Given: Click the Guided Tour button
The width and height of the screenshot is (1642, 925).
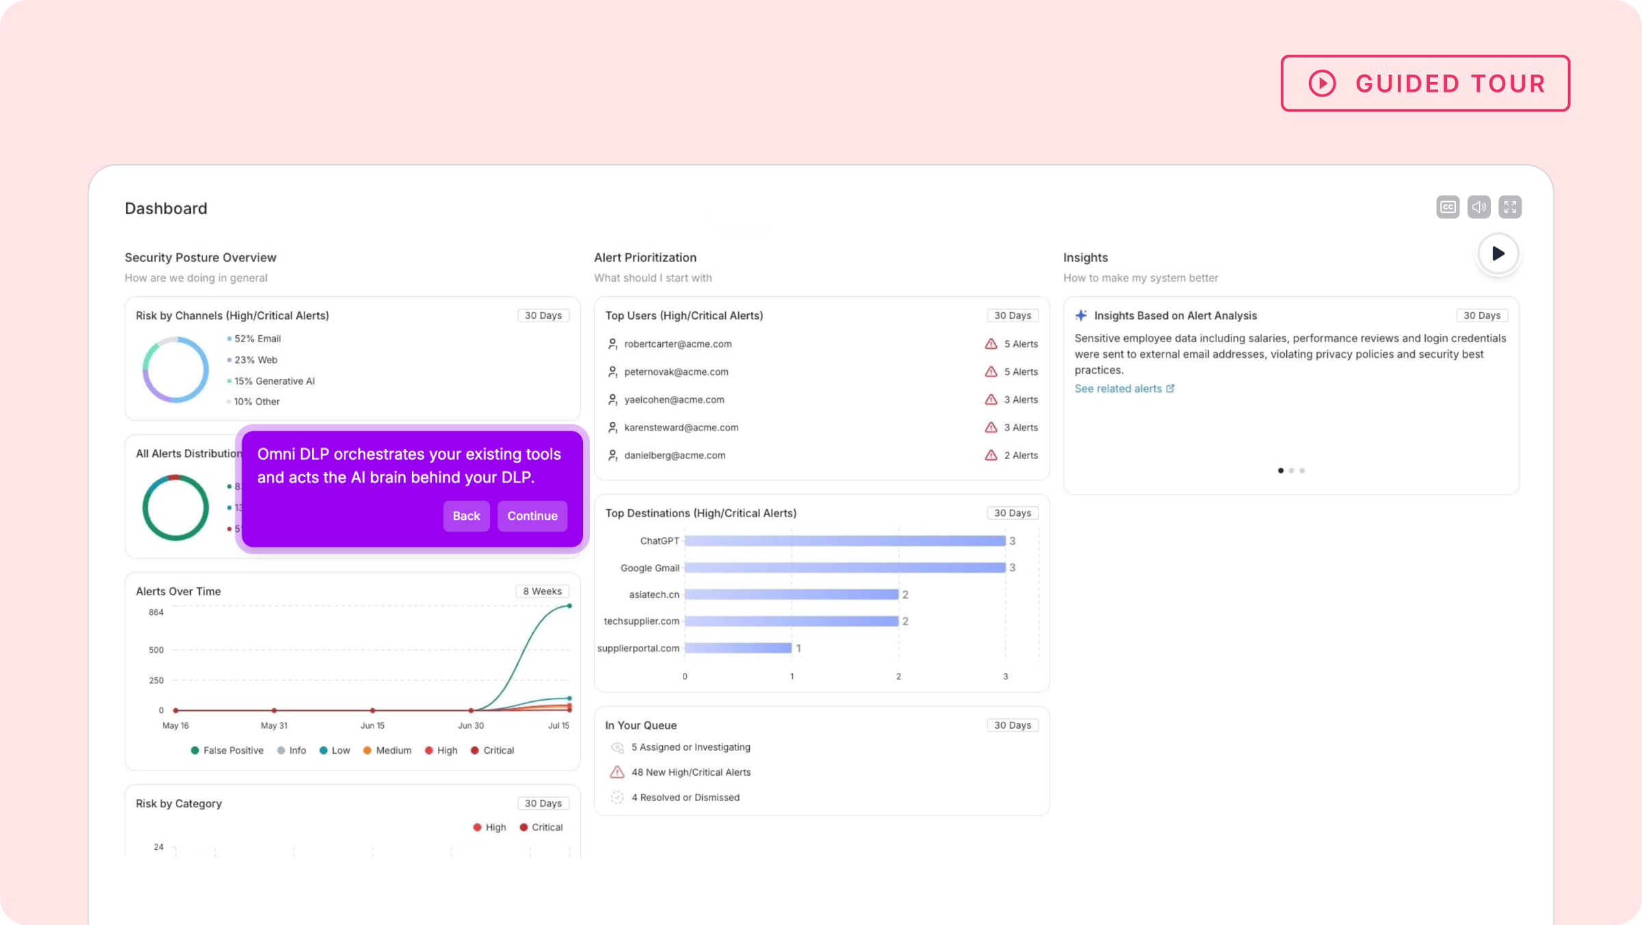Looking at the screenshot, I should (x=1425, y=83).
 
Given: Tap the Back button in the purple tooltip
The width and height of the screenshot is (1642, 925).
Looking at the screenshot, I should (x=466, y=516).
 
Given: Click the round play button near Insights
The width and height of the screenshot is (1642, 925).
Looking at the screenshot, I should (x=1498, y=254).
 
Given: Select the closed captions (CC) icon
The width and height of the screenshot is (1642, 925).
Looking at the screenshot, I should (x=1448, y=207).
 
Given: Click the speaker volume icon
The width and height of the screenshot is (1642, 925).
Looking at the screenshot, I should (x=1478, y=207).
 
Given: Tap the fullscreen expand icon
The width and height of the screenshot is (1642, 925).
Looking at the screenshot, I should (x=1510, y=207).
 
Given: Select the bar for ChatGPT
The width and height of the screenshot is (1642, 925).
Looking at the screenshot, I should (x=845, y=541).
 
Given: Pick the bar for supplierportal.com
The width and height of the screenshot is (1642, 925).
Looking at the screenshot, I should (x=738, y=648).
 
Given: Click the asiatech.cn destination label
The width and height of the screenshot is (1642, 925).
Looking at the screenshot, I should (x=654, y=595).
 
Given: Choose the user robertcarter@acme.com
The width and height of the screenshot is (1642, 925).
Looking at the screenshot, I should (x=677, y=344).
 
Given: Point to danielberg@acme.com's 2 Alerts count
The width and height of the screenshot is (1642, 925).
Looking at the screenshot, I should (x=1020, y=456).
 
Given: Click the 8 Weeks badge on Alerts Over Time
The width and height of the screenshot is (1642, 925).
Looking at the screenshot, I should (x=542, y=591).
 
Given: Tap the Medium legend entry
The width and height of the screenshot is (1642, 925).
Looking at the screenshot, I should (x=393, y=751).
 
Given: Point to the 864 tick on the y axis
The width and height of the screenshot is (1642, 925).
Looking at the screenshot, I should (x=156, y=612).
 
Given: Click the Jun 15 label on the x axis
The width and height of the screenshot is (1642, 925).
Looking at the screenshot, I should (x=372, y=725).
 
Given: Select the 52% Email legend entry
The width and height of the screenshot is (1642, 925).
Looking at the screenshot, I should (x=257, y=339).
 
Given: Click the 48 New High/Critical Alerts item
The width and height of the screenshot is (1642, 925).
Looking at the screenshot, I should (x=690, y=772).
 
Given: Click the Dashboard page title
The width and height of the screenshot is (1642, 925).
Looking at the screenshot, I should (x=166, y=209).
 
